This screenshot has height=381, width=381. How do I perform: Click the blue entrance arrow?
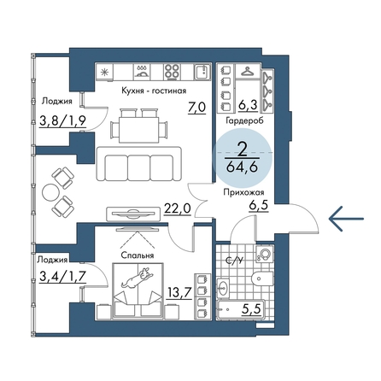[346, 219]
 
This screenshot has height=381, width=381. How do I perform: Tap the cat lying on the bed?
[138, 277]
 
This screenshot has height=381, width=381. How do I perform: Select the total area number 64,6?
[242, 167]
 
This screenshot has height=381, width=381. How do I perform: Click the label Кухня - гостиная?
[154, 91]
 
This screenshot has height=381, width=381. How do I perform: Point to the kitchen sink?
[202, 72]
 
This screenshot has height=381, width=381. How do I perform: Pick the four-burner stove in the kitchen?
[172, 72]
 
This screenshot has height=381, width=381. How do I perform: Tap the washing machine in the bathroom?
[265, 254]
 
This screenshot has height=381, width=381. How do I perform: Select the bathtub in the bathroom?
[241, 309]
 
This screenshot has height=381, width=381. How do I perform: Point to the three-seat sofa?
[138, 164]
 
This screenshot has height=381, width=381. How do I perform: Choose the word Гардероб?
[244, 120]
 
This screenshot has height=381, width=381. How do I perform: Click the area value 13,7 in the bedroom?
[179, 292]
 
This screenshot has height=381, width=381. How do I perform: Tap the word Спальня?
[138, 255]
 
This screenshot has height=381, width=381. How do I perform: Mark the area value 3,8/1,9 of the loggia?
[62, 121]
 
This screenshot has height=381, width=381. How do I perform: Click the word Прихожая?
[243, 193]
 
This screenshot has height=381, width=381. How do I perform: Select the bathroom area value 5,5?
[251, 308]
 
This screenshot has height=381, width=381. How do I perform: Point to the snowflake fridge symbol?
[105, 72]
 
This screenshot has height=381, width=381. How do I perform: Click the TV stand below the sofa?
[132, 214]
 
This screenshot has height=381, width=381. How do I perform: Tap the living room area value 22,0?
[177, 209]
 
